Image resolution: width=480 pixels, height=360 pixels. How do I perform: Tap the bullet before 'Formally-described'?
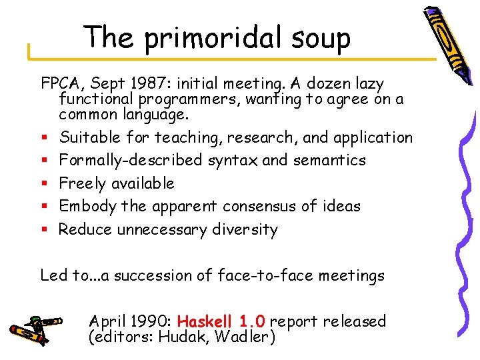click(45, 161)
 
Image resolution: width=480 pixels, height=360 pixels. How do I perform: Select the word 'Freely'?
click(83, 183)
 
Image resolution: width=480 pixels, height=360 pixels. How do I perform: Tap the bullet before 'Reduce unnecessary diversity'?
click(45, 230)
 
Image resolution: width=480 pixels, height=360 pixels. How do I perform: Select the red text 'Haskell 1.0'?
click(222, 321)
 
